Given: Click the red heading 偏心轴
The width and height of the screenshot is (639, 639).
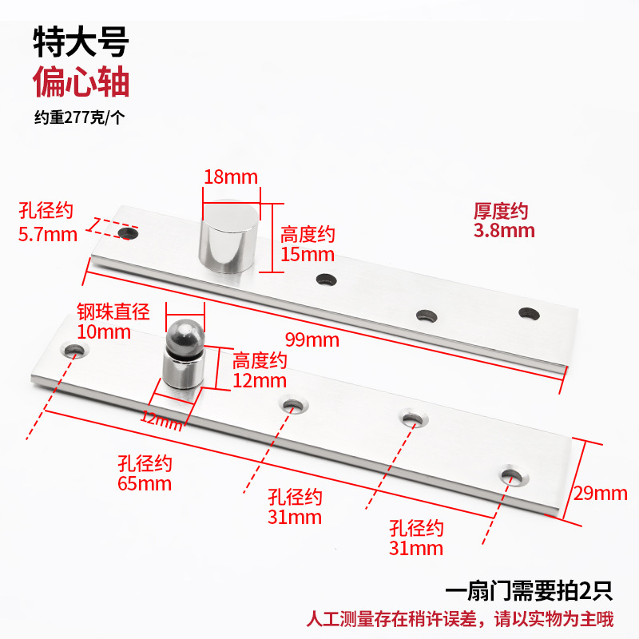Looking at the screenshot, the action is [81, 82].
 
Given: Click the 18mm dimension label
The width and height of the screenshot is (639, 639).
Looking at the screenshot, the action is [231, 176].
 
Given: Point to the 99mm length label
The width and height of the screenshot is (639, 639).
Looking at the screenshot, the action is [312, 340].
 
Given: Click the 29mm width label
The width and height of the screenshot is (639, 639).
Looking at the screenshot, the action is [601, 493].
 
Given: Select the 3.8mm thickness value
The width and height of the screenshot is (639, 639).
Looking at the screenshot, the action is [503, 231].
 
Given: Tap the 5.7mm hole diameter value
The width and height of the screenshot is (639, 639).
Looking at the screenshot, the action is [47, 234].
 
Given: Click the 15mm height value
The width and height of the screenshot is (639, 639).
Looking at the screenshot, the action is [308, 255].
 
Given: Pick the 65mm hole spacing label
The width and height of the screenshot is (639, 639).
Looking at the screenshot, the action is [145, 483].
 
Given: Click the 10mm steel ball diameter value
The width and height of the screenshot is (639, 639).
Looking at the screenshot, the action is [103, 331].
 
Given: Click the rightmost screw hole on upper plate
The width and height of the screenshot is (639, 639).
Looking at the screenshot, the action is [526, 313].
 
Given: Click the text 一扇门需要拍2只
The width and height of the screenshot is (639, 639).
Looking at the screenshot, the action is [528, 592].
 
